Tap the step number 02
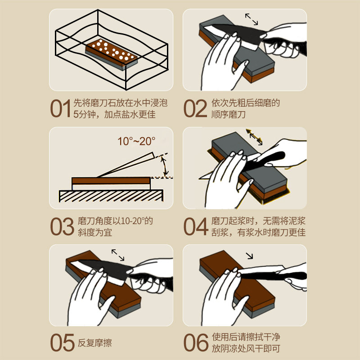pyautogui.click(x=195, y=109)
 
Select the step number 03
pyautogui.click(x=61, y=227)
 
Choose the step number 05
pyautogui.click(x=61, y=343)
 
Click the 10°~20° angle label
pyautogui.click(x=136, y=141)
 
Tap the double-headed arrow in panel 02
pyautogui.click(x=252, y=19)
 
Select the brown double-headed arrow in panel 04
pyautogui.click(x=254, y=137)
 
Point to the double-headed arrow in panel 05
pyautogui.click(x=118, y=254)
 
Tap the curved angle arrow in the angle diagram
pyautogui.click(x=165, y=166)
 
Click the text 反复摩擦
pyautogui.click(x=94, y=343)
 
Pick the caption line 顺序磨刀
pyautogui.click(x=229, y=114)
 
